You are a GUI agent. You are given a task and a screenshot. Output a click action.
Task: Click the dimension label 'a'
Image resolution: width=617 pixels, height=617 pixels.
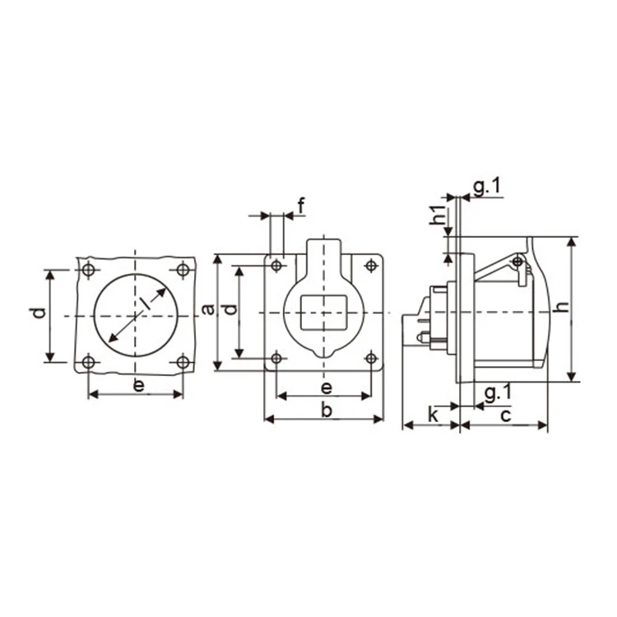(208, 309)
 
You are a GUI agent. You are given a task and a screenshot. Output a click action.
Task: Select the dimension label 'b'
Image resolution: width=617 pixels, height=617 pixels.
(326, 410)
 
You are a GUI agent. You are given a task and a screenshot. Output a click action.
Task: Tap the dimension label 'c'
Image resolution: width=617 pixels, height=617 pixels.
(505, 415)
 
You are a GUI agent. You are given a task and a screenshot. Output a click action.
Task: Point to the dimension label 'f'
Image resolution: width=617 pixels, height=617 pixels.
(301, 206)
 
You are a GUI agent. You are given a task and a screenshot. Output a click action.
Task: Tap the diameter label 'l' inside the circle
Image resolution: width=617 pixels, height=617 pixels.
(145, 304)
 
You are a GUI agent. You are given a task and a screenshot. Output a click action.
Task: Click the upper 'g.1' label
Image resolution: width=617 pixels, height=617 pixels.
(485, 188)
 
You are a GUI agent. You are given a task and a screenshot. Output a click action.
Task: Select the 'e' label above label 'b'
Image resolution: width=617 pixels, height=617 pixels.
(326, 387)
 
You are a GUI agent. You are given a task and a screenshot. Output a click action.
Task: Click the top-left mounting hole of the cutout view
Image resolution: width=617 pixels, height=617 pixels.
(89, 270)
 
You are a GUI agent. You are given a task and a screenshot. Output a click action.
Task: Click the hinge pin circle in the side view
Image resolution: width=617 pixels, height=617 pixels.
(517, 262)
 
